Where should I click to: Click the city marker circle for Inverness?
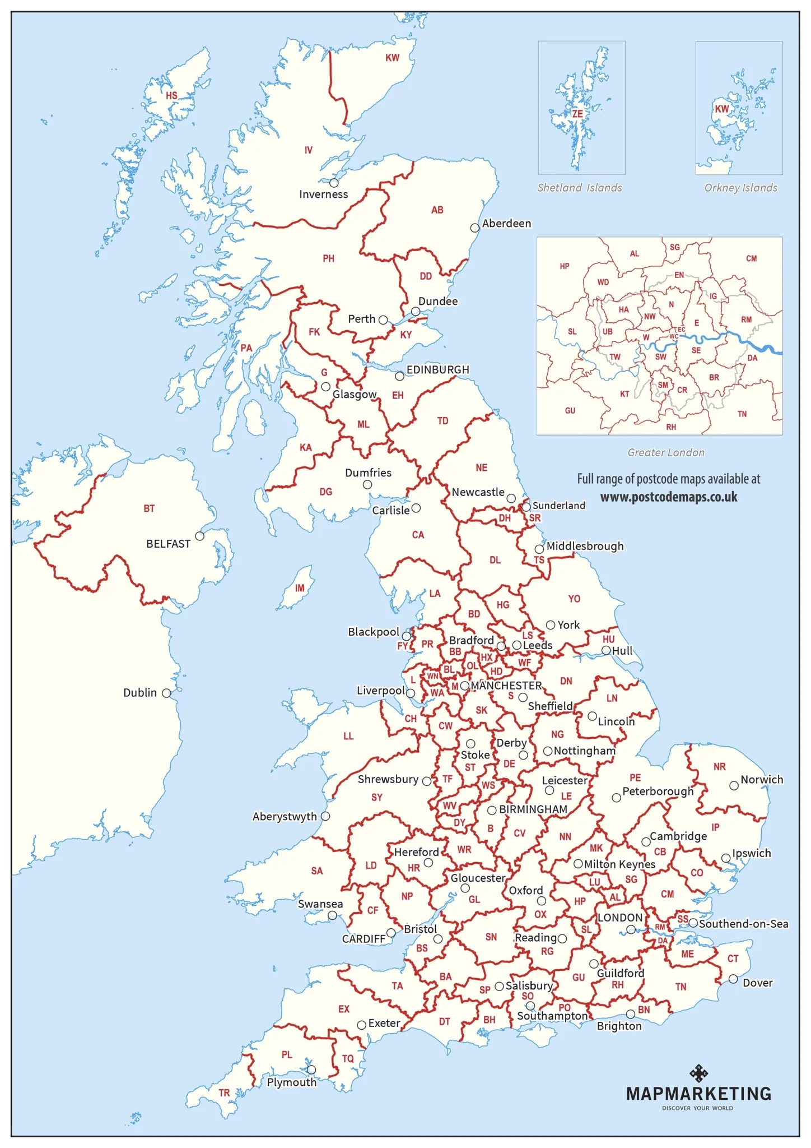(x=334, y=183)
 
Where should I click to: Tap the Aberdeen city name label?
(x=506, y=223)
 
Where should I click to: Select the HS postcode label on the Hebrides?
(x=171, y=96)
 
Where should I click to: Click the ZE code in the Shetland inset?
(x=577, y=114)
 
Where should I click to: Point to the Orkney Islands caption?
(x=740, y=188)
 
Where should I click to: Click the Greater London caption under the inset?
(x=665, y=452)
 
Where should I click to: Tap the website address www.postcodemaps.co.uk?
(x=669, y=497)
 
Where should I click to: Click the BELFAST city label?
(x=168, y=544)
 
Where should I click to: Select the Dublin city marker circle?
(x=166, y=693)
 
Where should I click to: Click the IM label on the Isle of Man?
(x=300, y=588)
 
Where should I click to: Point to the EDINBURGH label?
(x=437, y=370)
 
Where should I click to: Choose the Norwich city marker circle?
(x=734, y=786)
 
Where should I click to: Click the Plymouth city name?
(x=291, y=1082)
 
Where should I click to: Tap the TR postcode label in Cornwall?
(x=224, y=1093)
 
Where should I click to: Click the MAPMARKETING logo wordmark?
(x=698, y=1094)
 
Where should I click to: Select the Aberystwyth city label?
(x=285, y=817)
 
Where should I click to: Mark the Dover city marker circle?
(x=733, y=979)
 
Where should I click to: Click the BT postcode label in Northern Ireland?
(x=149, y=509)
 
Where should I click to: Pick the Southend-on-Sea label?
(x=743, y=924)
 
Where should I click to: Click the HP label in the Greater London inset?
(x=565, y=266)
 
